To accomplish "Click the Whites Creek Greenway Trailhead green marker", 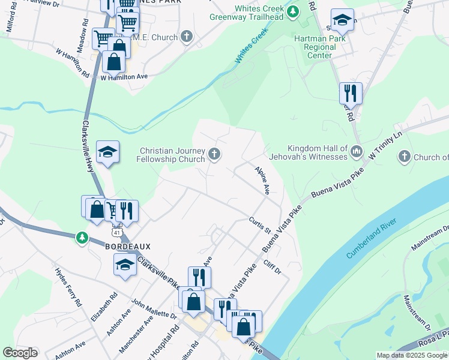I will (292, 11).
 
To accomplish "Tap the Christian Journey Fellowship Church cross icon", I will (214, 155).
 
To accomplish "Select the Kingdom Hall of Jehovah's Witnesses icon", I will (357, 150).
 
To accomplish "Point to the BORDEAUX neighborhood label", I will (128, 247).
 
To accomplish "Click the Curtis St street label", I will (261, 226).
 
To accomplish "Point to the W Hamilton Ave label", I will (124, 77).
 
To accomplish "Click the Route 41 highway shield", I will (116, 230).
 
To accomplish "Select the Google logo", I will (20, 353).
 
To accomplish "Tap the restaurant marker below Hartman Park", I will (350, 93).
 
